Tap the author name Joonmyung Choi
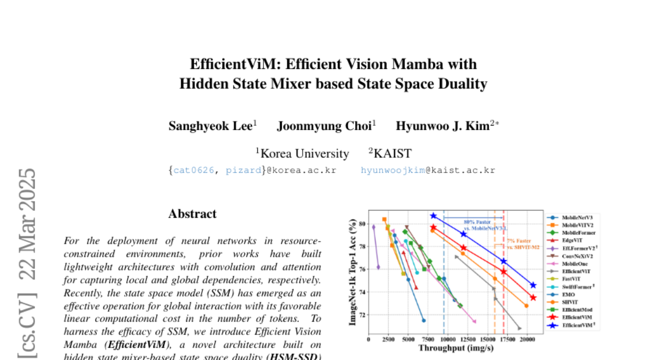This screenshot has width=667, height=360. coord(324,126)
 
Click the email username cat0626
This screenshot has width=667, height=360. coord(193,170)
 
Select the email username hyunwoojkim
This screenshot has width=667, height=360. coord(393,170)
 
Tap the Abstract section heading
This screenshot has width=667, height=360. coord(192,214)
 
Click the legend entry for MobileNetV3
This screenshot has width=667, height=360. coord(577,218)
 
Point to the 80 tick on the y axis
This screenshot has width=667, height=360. coord(362,224)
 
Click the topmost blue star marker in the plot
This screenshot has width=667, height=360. coord(434,216)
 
